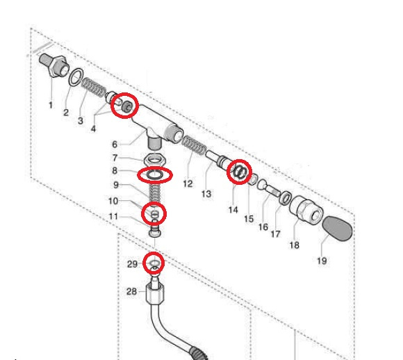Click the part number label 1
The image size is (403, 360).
[x=51, y=105]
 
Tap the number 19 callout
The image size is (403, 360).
[x=322, y=261]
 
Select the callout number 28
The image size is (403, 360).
[x=131, y=291]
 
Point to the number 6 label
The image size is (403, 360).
[x=115, y=145]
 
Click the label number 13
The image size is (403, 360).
[x=206, y=194]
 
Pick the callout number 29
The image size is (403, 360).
[x=132, y=264]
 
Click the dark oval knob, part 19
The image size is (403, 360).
[x=337, y=229]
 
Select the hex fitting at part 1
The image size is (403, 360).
[x=54, y=65]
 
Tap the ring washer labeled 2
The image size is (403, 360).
[x=76, y=76]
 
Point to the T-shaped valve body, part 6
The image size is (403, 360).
[x=156, y=126]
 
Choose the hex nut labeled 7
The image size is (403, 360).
[x=155, y=160]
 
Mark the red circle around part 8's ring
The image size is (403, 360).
[x=155, y=175]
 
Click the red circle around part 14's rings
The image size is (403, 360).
[x=239, y=172]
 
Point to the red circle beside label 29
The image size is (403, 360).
[x=154, y=262]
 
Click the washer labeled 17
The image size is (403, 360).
[x=286, y=198]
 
